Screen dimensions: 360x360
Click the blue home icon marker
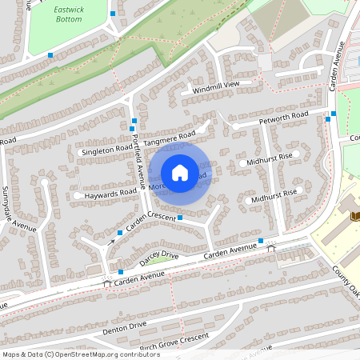click(180, 172)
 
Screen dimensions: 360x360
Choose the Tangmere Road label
click(170, 137)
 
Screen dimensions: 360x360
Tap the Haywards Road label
click(110, 193)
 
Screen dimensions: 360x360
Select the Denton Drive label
click(125, 326)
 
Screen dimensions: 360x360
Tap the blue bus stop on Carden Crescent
click(180, 217)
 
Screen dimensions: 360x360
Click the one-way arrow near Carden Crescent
click(110, 241)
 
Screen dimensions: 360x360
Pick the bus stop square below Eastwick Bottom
click(50, 55)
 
